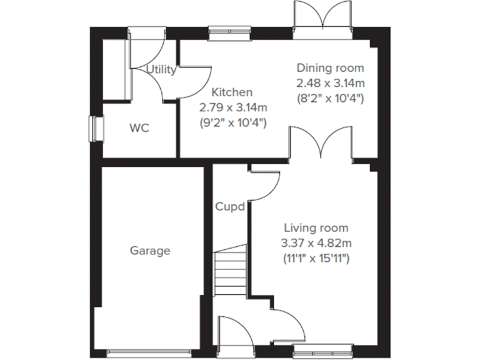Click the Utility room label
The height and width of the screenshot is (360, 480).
pos(161,70)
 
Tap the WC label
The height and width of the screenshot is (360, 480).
pos(139,128)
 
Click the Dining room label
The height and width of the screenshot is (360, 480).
pos(329,67)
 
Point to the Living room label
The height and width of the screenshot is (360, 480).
pos(316,227)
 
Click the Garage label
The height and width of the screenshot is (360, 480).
pos(150,251)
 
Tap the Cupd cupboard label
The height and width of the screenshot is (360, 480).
pos(229,206)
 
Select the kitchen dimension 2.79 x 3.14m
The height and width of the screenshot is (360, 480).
pos(232,107)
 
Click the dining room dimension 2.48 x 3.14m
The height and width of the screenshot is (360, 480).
pos(329,82)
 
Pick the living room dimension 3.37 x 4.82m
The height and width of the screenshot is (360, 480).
pos(316,242)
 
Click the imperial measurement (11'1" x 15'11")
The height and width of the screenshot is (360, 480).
pos(316,257)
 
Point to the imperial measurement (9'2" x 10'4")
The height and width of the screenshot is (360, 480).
pos(232,122)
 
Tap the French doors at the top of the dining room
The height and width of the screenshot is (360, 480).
pos(324,19)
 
